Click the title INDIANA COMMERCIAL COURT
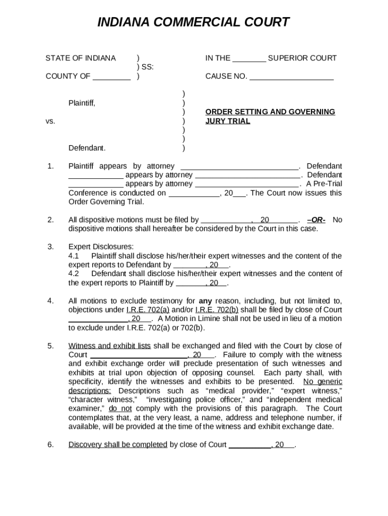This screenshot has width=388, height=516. [x=193, y=22]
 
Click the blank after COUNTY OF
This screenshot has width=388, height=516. [x=112, y=77]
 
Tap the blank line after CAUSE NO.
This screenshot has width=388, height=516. [x=291, y=77]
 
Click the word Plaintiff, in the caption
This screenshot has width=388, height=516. [x=82, y=103]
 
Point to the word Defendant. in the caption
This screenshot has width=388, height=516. [x=87, y=148]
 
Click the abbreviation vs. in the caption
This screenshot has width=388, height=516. [x=50, y=121]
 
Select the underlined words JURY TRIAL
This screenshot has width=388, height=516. [x=228, y=121]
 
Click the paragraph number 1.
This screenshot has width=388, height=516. [x=50, y=166]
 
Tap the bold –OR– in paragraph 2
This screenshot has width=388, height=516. [x=316, y=220]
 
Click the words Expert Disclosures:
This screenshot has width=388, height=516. [x=101, y=247]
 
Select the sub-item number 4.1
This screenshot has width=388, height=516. [x=74, y=256]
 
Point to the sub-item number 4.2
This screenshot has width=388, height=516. [x=74, y=274]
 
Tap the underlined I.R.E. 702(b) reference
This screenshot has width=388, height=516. [x=217, y=310]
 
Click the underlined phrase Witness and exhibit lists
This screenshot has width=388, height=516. [x=109, y=346]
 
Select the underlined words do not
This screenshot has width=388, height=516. [x=120, y=409]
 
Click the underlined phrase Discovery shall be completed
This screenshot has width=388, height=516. [x=117, y=444]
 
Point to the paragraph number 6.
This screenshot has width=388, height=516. [x=50, y=444]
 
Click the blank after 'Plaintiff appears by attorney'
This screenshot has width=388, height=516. [x=239, y=166]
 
